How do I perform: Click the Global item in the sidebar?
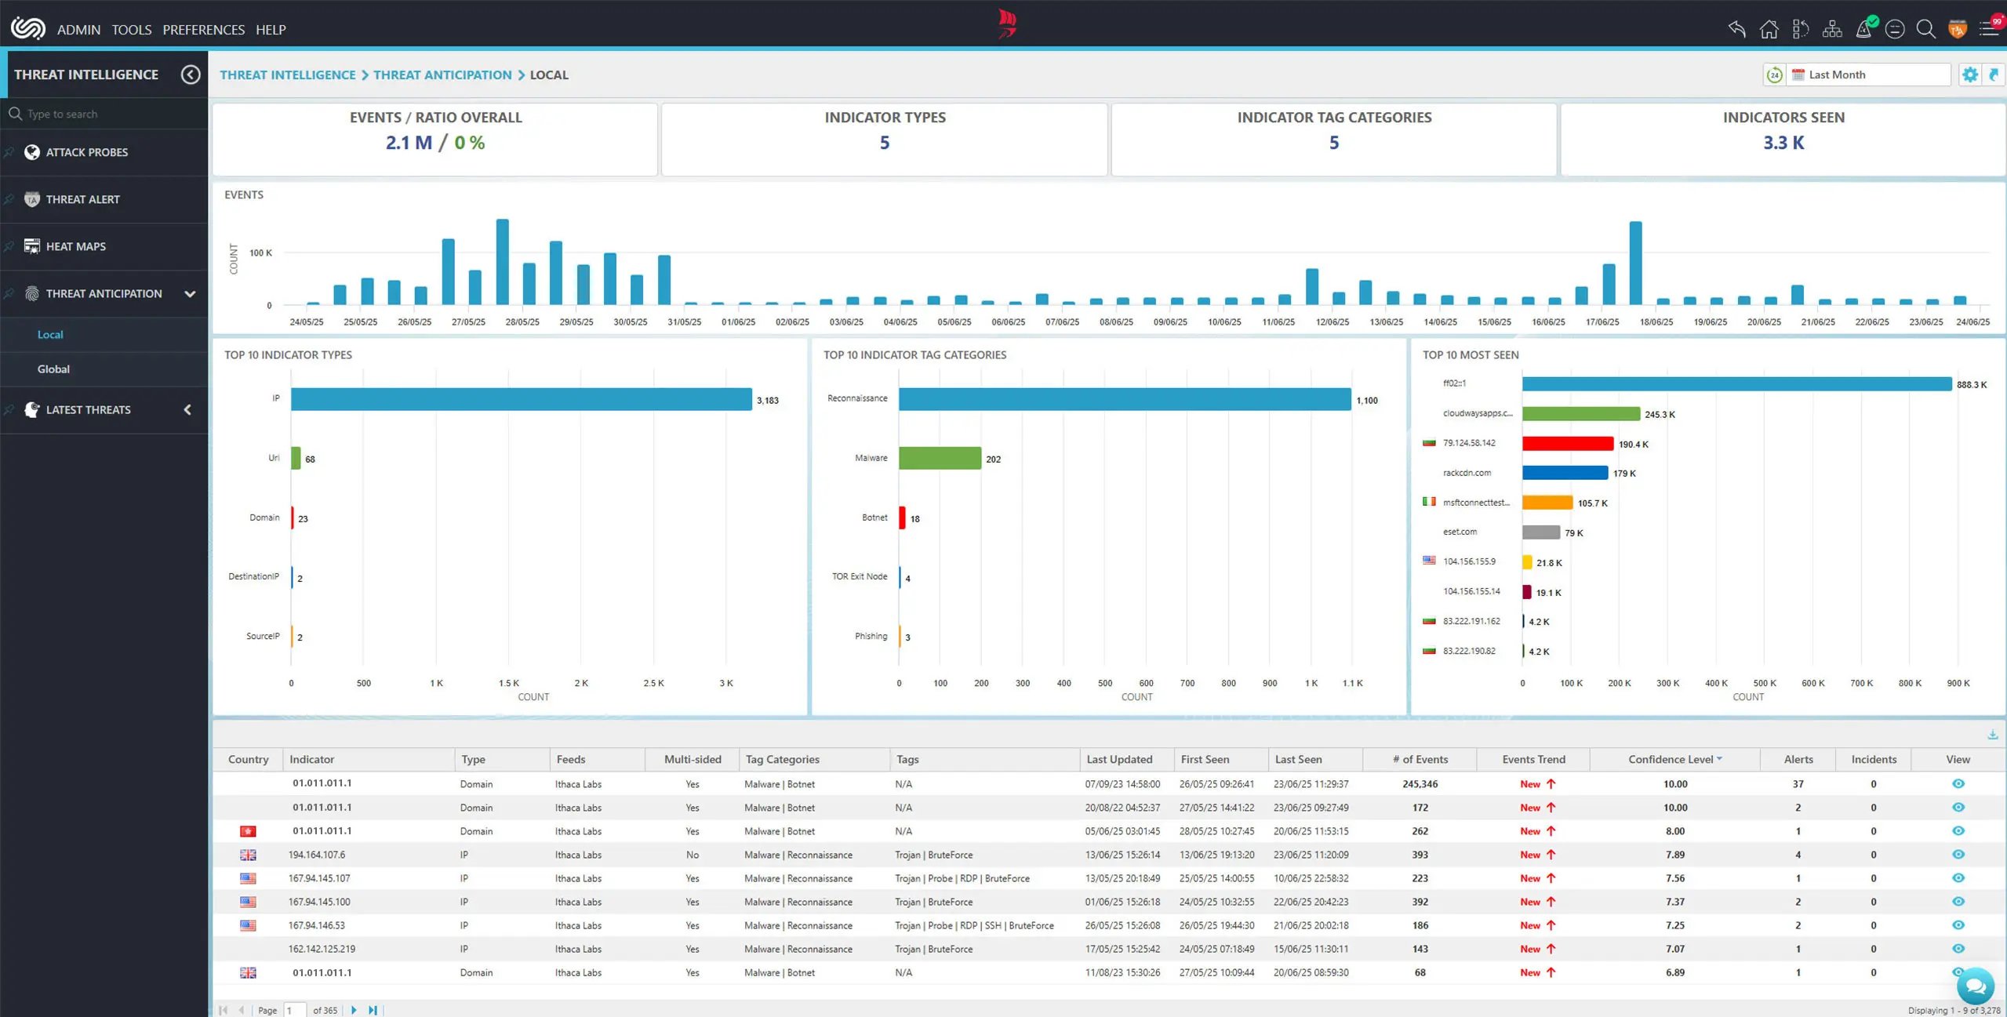click(53, 369)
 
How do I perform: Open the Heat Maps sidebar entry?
click(75, 246)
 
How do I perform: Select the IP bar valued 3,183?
click(521, 399)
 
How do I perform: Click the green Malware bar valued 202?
click(939, 458)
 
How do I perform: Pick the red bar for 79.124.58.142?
click(1566, 444)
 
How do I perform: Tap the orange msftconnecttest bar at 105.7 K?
click(1547, 503)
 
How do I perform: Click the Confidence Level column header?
click(1670, 759)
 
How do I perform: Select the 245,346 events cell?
click(1420, 783)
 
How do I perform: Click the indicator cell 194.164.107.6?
click(316, 855)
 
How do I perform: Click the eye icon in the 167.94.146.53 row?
click(1958, 925)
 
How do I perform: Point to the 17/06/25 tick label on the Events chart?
click(1602, 322)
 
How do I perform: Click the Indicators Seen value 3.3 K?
click(1783, 143)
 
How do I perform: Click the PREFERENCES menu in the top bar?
click(203, 30)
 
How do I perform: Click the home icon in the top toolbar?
click(1769, 30)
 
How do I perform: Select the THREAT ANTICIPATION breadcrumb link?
click(442, 74)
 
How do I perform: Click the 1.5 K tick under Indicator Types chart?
click(508, 683)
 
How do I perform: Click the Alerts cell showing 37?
click(1798, 783)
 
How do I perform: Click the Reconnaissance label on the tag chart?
click(856, 398)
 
